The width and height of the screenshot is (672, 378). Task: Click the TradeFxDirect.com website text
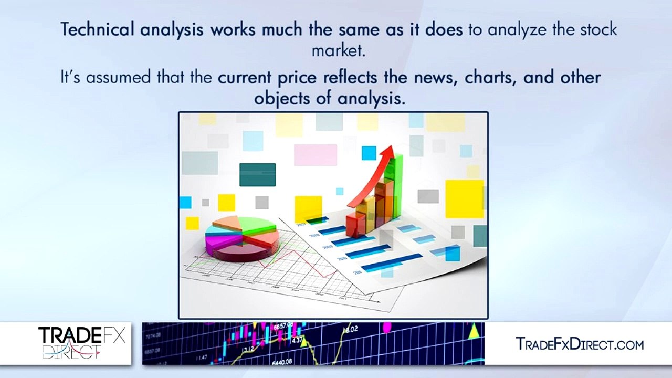[580, 344]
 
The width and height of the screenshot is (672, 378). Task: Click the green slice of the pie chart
[257, 225]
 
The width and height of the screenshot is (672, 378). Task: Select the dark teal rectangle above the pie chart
[257, 175]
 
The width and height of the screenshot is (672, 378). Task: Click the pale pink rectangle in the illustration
[315, 155]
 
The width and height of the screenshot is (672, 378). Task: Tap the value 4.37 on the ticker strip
[296, 341]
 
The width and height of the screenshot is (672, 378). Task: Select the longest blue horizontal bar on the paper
[391, 262]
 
